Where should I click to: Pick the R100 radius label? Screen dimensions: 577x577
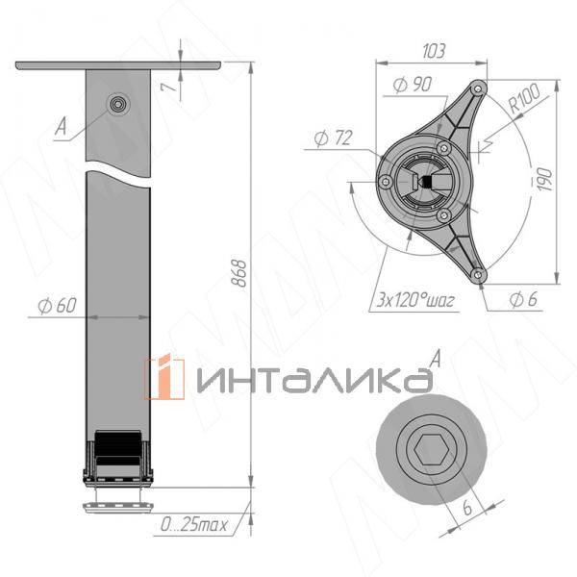(524, 101)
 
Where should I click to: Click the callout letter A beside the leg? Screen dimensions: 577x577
(61, 125)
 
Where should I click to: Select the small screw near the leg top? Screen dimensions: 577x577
(118, 105)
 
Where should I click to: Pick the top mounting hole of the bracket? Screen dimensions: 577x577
(474, 88)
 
